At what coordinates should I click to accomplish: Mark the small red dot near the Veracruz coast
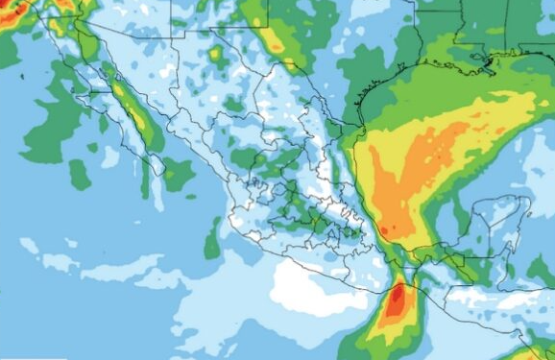coord(383,230)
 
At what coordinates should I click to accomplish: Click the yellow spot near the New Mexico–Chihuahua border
coord(216,54)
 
